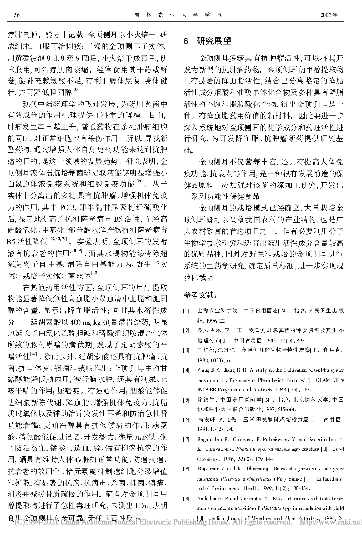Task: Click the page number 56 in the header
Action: coord(17,15)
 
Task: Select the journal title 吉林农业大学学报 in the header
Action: coord(178,15)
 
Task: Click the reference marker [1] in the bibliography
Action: coord(186,311)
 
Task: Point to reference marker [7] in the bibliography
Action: coord(186,440)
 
